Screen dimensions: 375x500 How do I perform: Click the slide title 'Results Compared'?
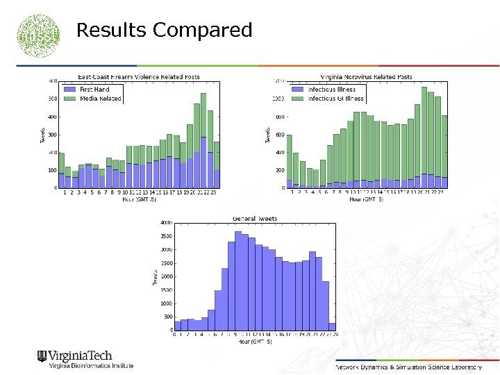pyautogui.click(x=164, y=31)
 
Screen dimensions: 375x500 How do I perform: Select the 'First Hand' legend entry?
pyautogui.click(x=94, y=90)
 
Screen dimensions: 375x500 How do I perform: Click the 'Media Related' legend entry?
pyautogui.click(x=99, y=99)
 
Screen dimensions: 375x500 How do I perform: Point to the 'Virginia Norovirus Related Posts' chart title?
pyautogui.click(x=366, y=76)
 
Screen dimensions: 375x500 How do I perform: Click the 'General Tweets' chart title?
pyautogui.click(x=253, y=218)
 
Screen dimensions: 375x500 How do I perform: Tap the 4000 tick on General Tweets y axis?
pyautogui.click(x=165, y=223)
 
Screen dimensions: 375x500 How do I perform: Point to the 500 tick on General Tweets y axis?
pyautogui.click(x=167, y=317)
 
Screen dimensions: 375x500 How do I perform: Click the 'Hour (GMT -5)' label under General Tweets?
pyautogui.click(x=253, y=342)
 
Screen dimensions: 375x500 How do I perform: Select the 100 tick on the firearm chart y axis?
pyautogui.click(x=52, y=170)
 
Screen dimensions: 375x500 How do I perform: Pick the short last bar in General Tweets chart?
pyautogui.click(x=331, y=326)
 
